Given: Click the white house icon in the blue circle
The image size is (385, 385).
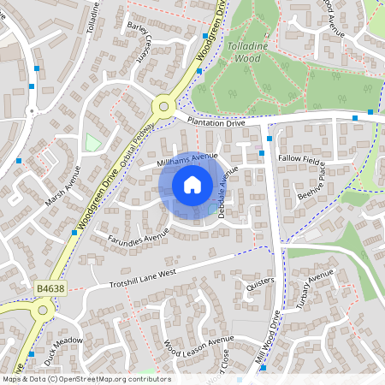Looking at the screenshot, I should pyautogui.click(x=192, y=184).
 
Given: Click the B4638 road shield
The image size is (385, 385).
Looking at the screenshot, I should pyautogui.click(x=50, y=289).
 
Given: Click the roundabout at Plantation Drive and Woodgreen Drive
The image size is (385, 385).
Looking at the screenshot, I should pyautogui.click(x=163, y=108).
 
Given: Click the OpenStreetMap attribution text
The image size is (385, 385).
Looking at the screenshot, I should pyautogui.click(x=86, y=379).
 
